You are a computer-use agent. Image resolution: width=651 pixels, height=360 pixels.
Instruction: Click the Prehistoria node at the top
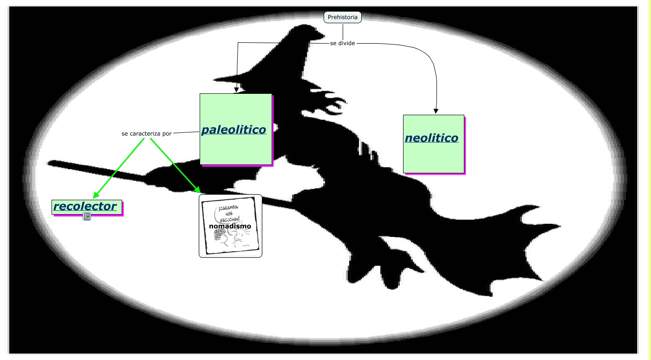tap(342, 17)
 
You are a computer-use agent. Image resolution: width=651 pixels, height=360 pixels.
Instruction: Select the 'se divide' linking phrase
tap(342, 43)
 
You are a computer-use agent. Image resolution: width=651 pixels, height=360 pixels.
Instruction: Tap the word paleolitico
tap(234, 130)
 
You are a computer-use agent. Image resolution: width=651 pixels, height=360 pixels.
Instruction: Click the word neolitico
tap(431, 138)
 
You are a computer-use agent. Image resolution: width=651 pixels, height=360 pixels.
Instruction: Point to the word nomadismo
tap(230, 226)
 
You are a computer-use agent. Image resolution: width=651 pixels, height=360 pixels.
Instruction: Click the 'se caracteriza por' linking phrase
tap(146, 133)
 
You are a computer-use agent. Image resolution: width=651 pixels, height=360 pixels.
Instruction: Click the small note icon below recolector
tap(87, 216)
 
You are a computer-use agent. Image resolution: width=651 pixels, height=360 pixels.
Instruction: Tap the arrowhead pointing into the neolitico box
tap(436, 111)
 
